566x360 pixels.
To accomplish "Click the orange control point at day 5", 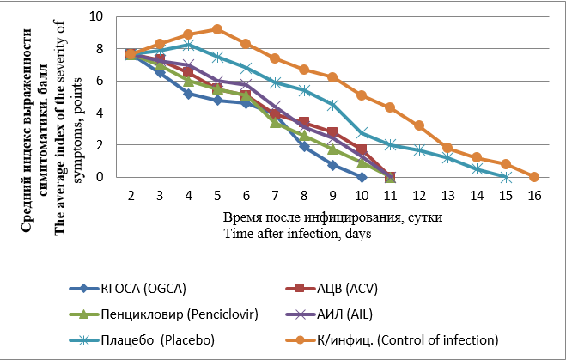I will (217, 29).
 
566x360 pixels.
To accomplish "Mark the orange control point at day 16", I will (533, 177).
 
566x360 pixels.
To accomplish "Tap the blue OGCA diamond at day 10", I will (361, 177).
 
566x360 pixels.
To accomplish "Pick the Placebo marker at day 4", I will (188, 45).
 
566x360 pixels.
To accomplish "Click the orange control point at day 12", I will (418, 125).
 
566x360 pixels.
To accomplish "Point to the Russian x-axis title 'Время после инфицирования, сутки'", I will (333, 217).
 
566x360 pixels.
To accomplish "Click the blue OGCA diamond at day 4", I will (188, 94).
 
